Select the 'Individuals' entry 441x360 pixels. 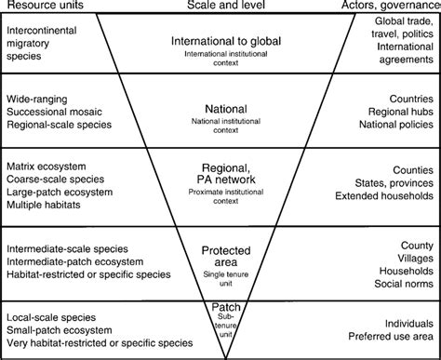[407, 320]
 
